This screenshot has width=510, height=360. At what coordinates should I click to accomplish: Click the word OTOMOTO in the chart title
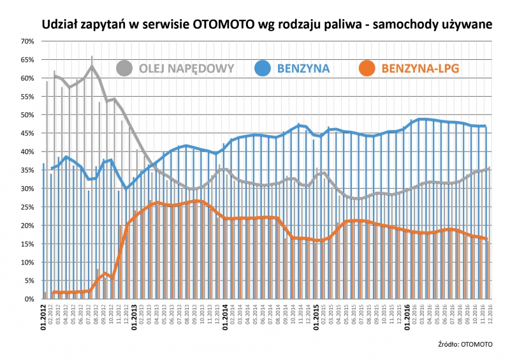click(x=226, y=25)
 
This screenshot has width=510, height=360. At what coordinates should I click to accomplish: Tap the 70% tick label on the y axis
click(x=27, y=41)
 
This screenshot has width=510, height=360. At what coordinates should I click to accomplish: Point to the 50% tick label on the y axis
click(x=27, y=115)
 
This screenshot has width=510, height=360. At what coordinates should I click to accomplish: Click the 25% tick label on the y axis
click(x=27, y=207)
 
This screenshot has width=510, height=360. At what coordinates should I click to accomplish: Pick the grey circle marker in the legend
click(x=124, y=67)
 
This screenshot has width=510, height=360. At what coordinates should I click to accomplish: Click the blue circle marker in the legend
click(x=263, y=67)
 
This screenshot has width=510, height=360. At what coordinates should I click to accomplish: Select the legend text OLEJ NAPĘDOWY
click(x=186, y=68)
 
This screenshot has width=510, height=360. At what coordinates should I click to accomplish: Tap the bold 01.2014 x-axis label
click(x=225, y=314)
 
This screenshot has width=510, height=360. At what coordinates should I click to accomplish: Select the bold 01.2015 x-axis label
click(x=316, y=314)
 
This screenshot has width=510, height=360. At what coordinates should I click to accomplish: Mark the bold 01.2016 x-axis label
click(x=406, y=314)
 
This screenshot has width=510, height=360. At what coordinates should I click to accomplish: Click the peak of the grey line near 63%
click(x=92, y=66)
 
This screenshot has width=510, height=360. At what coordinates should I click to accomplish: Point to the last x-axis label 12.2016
click(x=490, y=312)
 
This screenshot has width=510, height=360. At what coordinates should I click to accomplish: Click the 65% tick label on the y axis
click(x=27, y=60)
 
